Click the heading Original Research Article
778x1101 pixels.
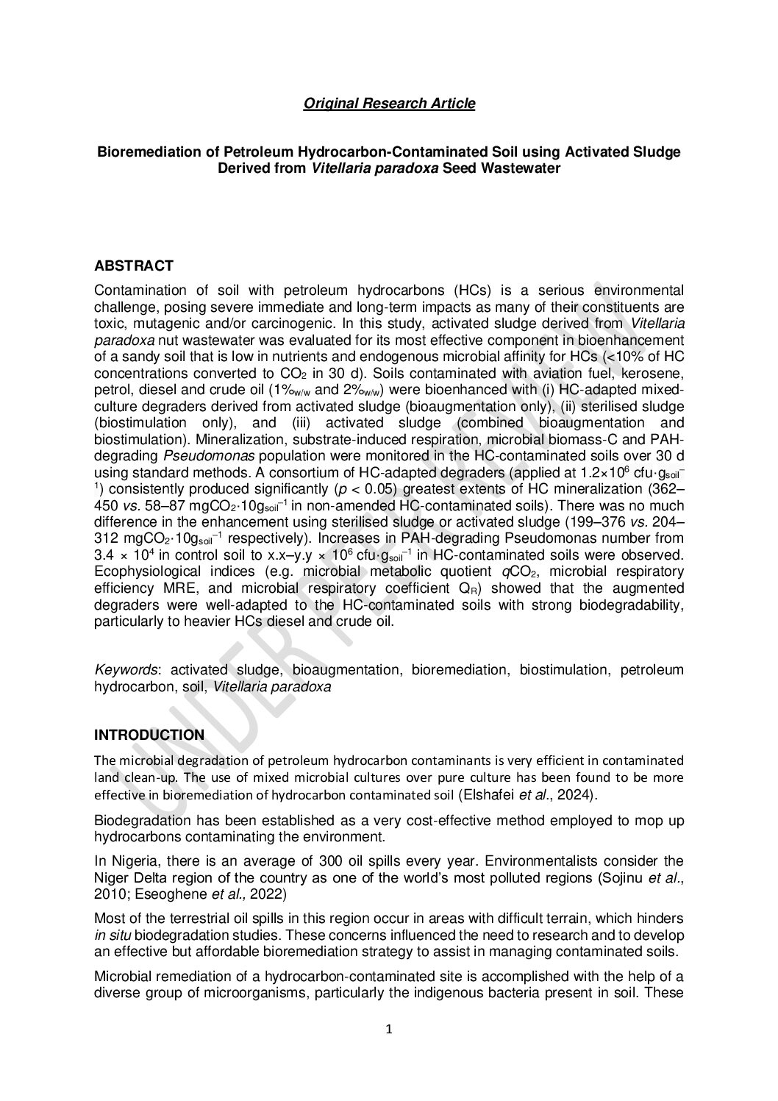(x=389, y=104)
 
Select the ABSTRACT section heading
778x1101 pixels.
(x=134, y=266)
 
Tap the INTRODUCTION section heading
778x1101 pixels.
(x=149, y=735)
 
